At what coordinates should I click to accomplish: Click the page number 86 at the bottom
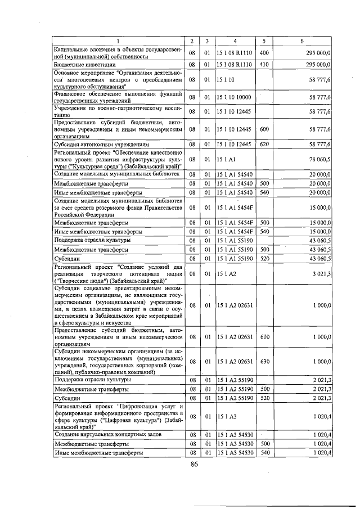[x=195, y=464]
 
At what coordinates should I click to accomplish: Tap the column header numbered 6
[x=302, y=42]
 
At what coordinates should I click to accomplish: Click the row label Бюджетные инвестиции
[x=80, y=65]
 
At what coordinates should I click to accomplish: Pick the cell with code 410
[x=264, y=65]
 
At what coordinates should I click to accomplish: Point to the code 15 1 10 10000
[x=235, y=97]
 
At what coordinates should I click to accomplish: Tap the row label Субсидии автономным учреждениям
[x=101, y=145]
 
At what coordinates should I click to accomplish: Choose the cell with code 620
[x=264, y=145]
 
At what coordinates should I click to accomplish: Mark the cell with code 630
[x=264, y=362]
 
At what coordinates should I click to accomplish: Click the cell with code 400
[x=264, y=52]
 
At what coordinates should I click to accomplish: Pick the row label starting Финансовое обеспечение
[x=118, y=97]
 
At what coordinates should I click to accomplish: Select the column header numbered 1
[x=118, y=42]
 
